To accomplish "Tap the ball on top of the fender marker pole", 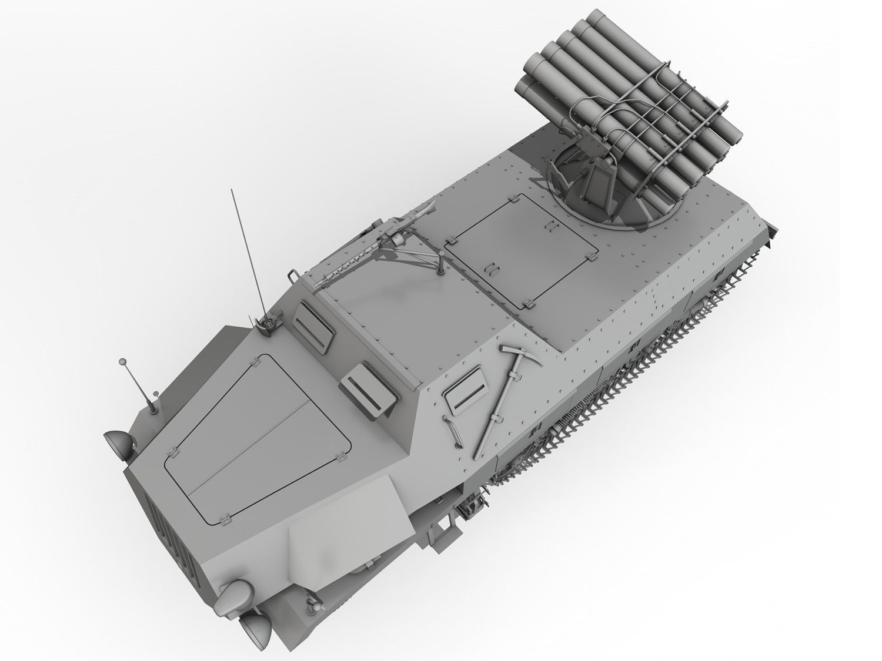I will (122, 361).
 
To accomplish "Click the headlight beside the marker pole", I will (112, 439).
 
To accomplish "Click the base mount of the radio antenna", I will (268, 323).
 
